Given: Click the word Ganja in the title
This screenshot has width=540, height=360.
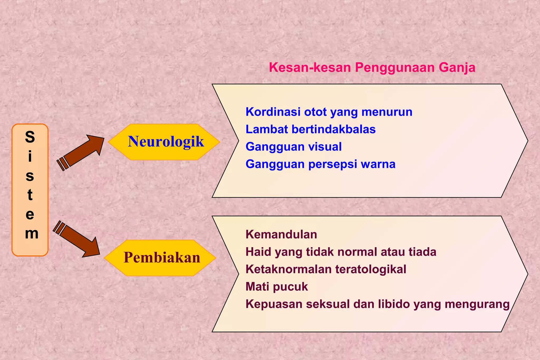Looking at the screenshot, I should pyautogui.click(x=457, y=67).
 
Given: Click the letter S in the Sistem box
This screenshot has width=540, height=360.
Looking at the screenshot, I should pyautogui.click(x=30, y=137).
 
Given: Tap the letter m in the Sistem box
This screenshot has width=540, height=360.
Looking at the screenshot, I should pyautogui.click(x=31, y=233).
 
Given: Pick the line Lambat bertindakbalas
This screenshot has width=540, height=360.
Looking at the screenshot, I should pyautogui.click(x=310, y=129).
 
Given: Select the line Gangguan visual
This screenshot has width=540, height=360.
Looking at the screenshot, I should pyautogui.click(x=293, y=147).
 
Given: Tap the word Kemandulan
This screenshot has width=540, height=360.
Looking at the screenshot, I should pyautogui.click(x=281, y=235).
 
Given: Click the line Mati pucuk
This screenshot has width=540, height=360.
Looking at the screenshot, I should pyautogui.click(x=276, y=287).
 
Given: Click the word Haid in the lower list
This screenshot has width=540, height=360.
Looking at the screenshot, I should pyautogui.click(x=258, y=252).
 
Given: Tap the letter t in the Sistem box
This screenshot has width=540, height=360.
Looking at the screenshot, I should pyautogui.click(x=30, y=195).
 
